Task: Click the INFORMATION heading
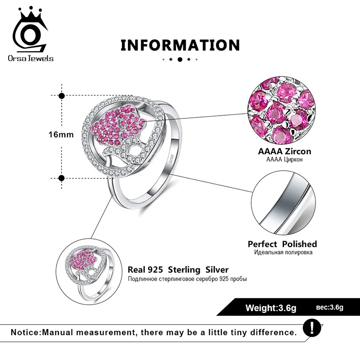[180, 45]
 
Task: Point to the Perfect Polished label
[282, 244]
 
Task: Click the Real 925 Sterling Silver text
[178, 270]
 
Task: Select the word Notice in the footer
[25, 333]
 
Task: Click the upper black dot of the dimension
[62, 95]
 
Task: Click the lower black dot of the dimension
[62, 178]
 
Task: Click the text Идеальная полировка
[282, 252]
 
